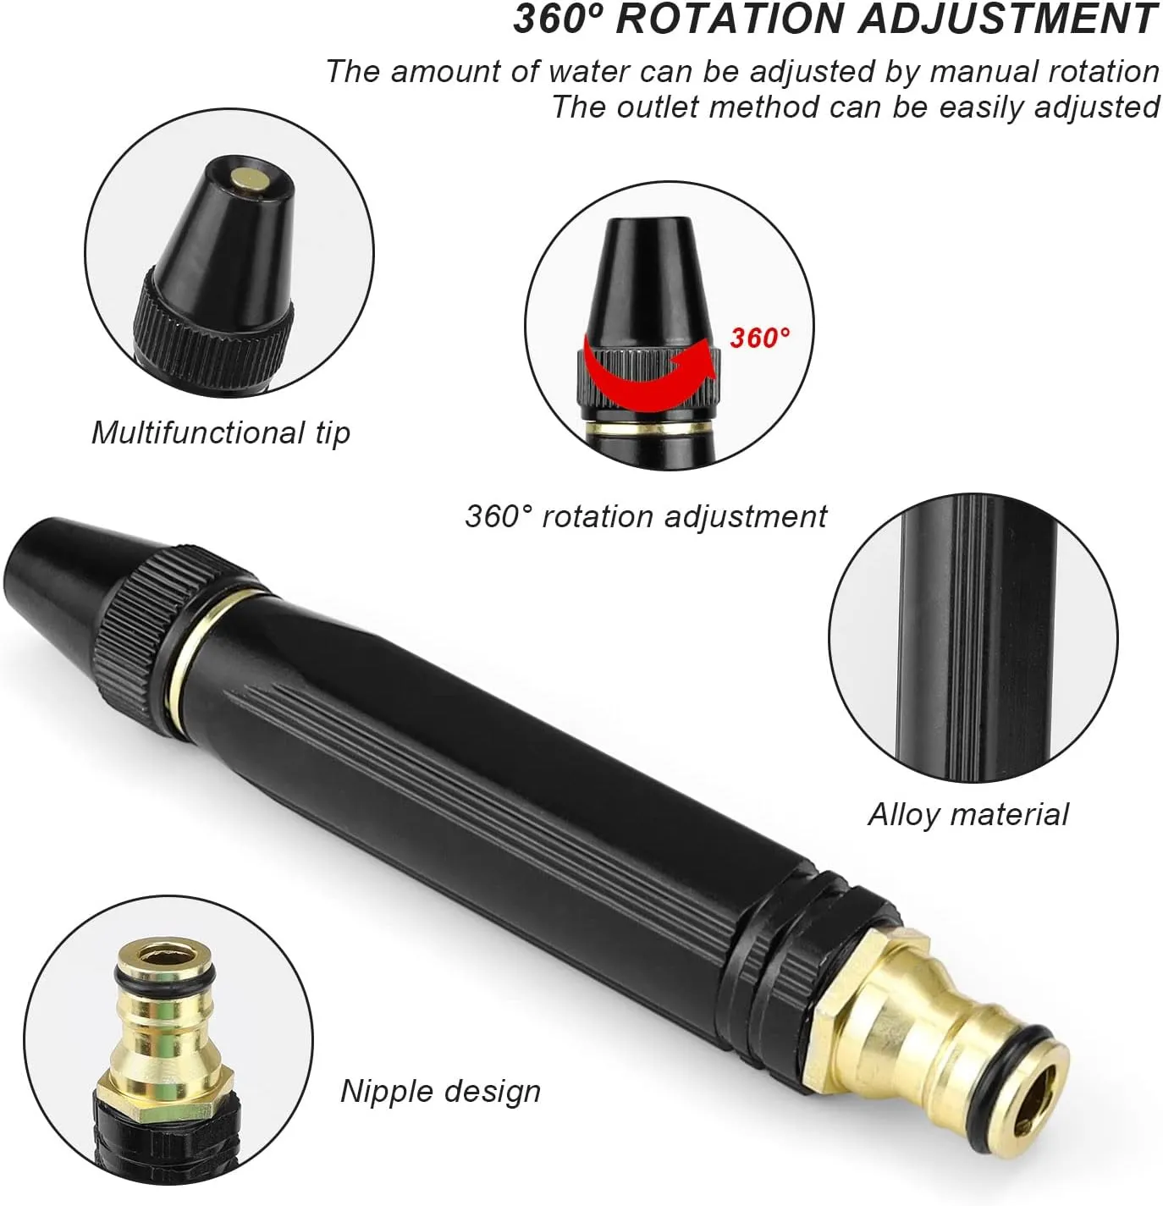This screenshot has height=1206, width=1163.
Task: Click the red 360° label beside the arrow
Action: [760, 338]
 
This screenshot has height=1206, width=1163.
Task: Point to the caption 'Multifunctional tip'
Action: [221, 432]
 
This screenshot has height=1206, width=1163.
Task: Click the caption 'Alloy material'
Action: [968, 814]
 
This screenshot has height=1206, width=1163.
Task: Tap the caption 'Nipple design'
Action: [441, 1091]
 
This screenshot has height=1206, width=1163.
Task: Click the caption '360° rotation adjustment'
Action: [646, 516]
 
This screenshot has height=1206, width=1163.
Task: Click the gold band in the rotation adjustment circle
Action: [649, 428]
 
